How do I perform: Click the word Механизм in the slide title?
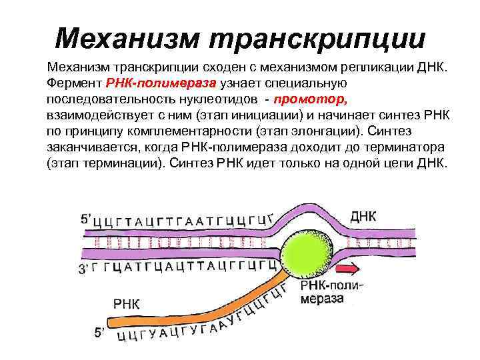click(127, 38)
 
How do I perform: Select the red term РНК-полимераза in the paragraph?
click(160, 83)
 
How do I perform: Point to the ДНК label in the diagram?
click(363, 217)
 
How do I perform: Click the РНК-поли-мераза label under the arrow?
click(331, 292)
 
